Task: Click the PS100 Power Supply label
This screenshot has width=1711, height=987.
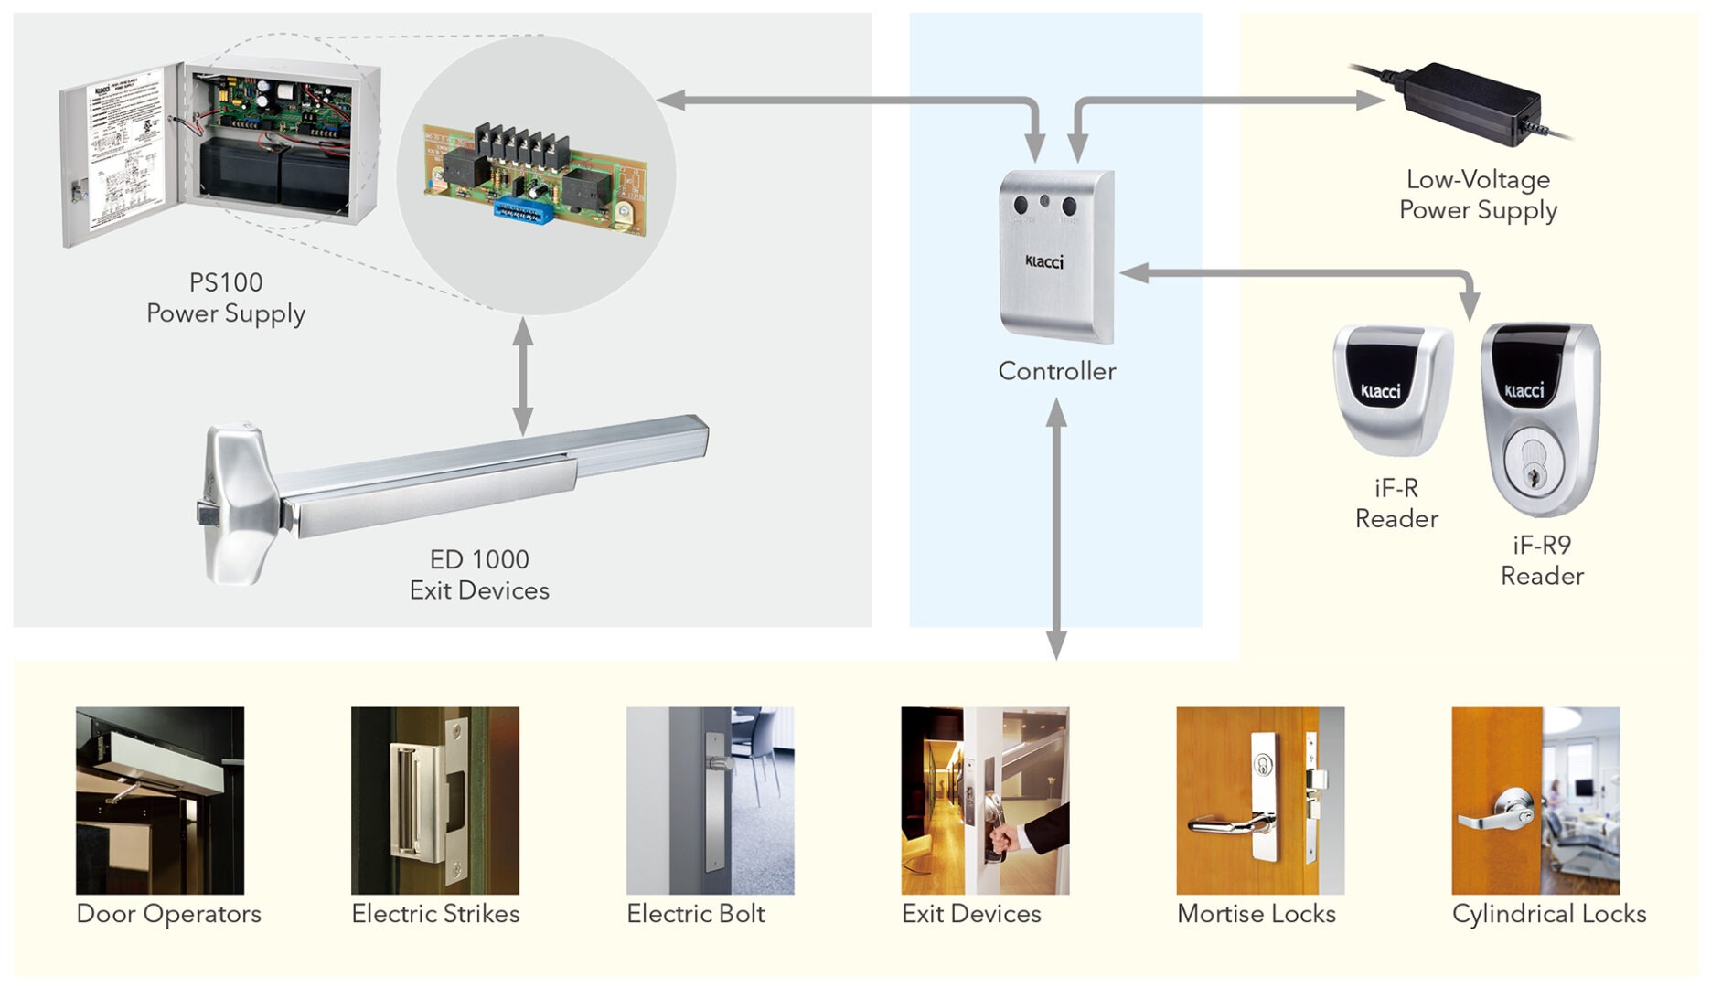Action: point(225,298)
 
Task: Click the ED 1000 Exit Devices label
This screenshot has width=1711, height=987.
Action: point(479,575)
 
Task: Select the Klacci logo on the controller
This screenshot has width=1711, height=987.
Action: point(1044,262)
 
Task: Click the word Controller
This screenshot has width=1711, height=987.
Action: point(1056,371)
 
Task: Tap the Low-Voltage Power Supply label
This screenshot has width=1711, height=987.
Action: point(1478,195)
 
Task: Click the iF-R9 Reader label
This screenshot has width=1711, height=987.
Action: point(1542,560)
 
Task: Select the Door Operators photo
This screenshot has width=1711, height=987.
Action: point(160,800)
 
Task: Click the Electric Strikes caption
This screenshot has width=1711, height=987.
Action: point(435,914)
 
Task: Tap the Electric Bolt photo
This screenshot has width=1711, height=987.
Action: point(710,800)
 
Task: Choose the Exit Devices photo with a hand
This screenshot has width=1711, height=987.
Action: point(985,800)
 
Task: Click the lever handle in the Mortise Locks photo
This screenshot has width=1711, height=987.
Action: point(1225,825)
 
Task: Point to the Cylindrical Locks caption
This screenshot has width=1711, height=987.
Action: point(1549,914)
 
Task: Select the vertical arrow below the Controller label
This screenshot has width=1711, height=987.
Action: point(1056,530)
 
